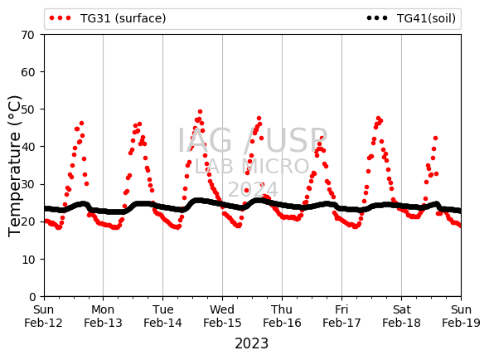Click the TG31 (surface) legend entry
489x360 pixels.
click(108, 18)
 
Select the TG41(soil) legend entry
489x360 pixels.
click(411, 18)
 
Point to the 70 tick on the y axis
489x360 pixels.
click(27, 35)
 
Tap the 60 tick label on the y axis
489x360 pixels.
click(27, 72)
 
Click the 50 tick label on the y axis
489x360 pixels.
click(27, 109)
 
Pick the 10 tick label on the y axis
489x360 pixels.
click(27, 260)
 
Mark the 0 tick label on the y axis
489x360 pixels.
click(32, 297)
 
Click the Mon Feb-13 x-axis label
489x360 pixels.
click(103, 316)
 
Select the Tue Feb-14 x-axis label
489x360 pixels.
click(162, 316)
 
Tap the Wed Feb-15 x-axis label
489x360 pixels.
click(222, 316)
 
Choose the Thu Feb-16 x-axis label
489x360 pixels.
click(282, 316)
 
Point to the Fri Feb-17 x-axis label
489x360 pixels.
click(341, 316)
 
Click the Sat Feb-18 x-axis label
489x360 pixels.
click(401, 316)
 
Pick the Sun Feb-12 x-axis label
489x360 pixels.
click(43, 316)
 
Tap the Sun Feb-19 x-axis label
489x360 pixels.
click(461, 316)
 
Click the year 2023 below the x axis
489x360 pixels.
click(251, 343)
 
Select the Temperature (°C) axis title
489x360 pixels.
click(14, 166)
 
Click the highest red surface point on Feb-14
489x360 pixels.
click(201, 112)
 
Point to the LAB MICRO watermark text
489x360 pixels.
click(252, 166)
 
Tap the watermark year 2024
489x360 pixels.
click(253, 189)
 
